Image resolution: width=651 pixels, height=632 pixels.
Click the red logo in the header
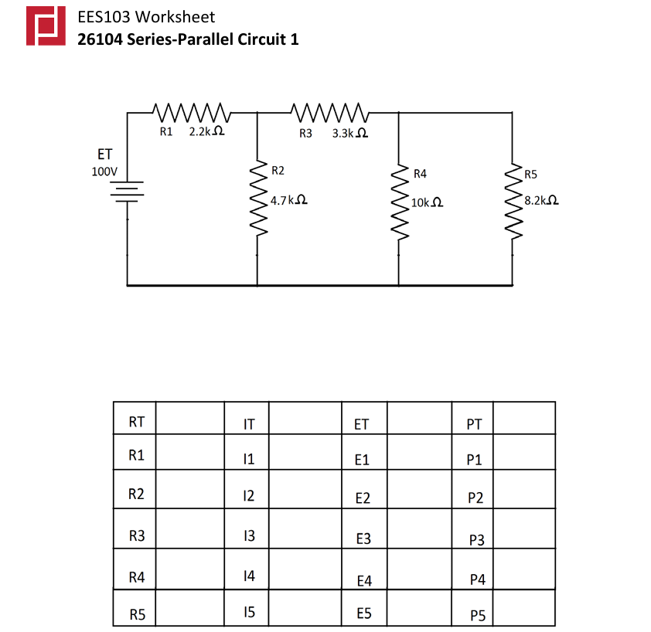tap(45, 27)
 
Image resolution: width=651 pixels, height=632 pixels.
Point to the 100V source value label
tap(104, 172)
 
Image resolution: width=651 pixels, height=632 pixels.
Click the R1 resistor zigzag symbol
tap(190, 112)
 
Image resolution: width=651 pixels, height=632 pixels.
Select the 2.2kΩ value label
tap(206, 132)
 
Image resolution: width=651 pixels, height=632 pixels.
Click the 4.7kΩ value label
tap(289, 200)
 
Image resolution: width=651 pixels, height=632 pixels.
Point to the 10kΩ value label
tap(427, 202)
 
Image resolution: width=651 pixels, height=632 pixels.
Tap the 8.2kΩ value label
tap(541, 200)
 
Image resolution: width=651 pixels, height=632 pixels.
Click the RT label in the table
tap(137, 422)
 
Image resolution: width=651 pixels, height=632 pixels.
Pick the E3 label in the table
tap(363, 539)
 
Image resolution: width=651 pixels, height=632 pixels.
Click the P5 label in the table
tap(477, 616)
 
